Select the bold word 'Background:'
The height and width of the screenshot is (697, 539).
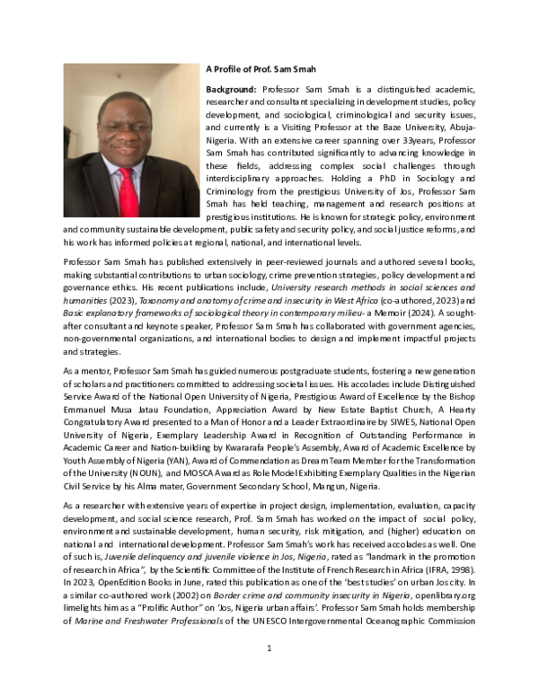click(x=231, y=90)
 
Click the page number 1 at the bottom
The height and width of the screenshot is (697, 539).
click(x=269, y=673)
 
